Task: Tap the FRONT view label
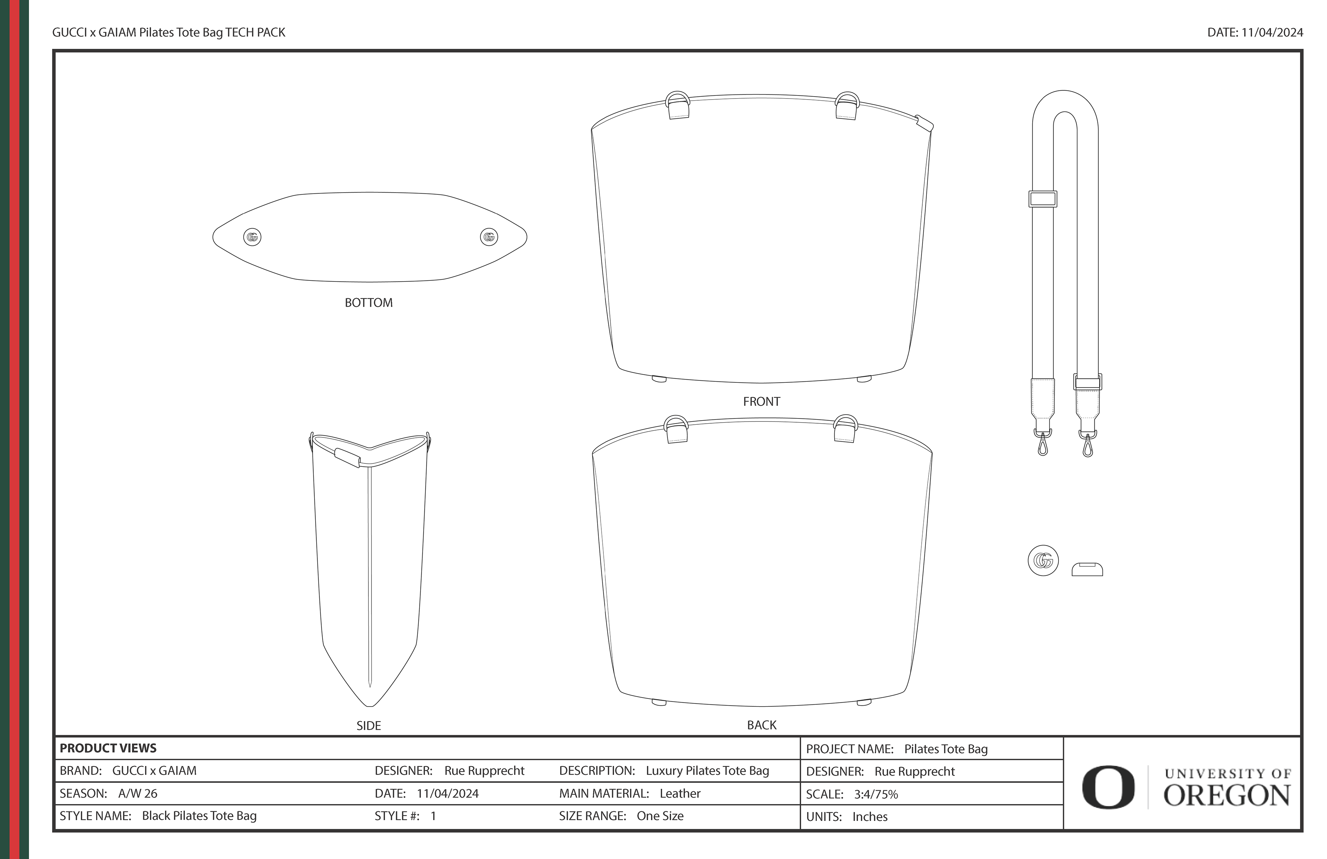(761, 401)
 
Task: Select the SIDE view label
(368, 726)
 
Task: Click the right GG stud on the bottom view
(489, 237)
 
